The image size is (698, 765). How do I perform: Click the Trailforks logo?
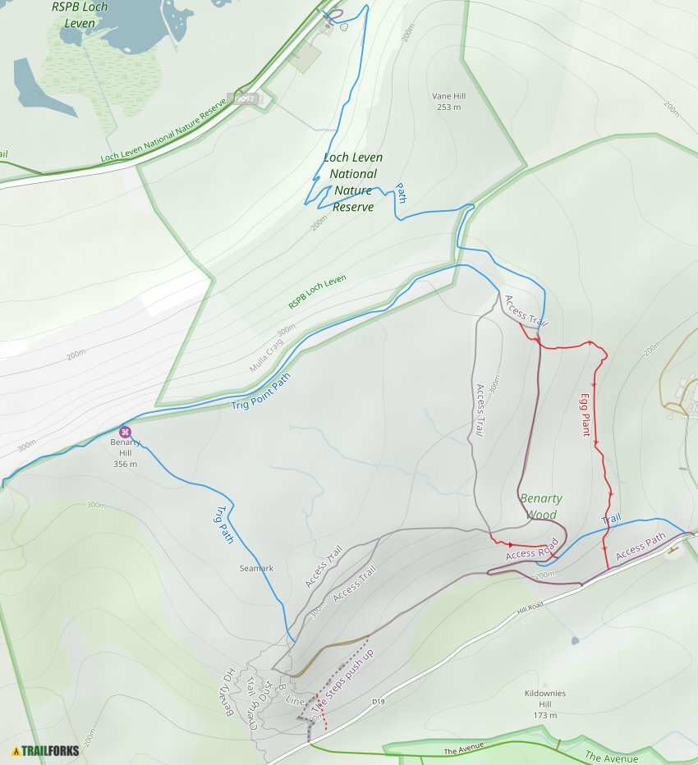(46, 750)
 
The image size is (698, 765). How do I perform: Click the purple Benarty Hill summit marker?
(125, 432)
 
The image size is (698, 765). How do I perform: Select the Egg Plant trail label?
(585, 415)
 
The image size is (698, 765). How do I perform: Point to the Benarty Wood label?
(541, 506)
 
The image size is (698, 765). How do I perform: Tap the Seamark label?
(256, 568)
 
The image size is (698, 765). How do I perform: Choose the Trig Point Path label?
(261, 393)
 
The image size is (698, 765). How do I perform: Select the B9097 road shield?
(246, 98)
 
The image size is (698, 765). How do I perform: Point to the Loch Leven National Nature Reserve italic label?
(353, 182)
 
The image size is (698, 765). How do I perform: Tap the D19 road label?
(379, 701)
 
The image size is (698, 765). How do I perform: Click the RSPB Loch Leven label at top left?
(85, 15)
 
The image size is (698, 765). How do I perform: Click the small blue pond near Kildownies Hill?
(574, 639)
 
